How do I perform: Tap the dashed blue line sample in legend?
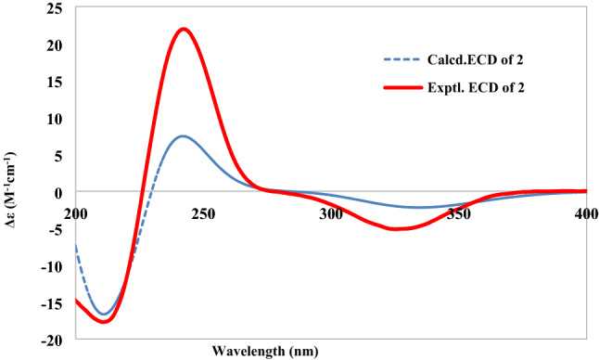tap(404, 60)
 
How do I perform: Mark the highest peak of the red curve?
tap(184, 29)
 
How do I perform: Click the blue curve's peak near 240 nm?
tap(184, 136)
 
